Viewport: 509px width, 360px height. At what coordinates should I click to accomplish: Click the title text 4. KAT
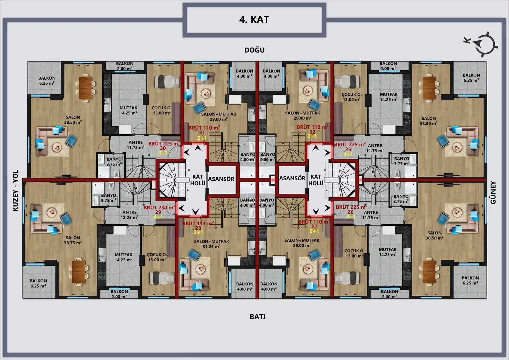pos(254,20)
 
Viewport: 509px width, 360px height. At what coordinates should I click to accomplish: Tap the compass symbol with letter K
pos(482,45)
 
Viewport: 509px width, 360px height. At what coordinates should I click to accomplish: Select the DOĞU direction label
pos(255,50)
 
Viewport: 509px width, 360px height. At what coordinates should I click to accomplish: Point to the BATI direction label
pos(258,317)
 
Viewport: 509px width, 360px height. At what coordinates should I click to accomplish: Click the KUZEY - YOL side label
pos(15,190)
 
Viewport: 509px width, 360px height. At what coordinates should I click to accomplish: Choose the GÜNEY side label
pos(493,193)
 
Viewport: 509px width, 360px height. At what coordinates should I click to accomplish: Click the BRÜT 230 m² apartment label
pos(160,207)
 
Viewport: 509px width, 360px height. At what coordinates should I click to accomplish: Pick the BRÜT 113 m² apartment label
pos(198,223)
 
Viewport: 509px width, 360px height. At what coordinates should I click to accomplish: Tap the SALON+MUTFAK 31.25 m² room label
pos(212,244)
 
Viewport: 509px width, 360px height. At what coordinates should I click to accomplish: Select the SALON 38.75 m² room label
pos(73,240)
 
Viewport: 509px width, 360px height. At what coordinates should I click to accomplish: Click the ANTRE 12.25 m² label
pos(130,215)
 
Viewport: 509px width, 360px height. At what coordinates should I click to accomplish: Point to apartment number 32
pos(312,132)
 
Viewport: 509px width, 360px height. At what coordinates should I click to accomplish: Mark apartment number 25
pos(348,149)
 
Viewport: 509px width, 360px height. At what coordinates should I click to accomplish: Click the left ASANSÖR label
pos(221,179)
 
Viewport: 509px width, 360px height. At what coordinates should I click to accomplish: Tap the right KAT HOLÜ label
pos(316,180)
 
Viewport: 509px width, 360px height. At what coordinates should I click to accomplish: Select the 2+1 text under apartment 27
pos(314,231)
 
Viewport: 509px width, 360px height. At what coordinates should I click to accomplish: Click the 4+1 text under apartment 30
pos(163,153)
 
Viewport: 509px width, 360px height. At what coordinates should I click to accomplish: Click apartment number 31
pos(202,133)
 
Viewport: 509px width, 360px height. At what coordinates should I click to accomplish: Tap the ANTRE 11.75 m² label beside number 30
pos(136,145)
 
